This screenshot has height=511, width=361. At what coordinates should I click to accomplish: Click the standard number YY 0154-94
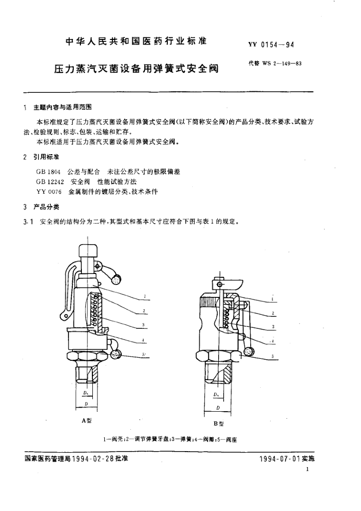click(271, 44)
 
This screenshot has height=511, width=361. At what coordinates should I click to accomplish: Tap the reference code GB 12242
click(50, 182)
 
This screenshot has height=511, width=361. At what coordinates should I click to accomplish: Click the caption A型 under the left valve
click(86, 420)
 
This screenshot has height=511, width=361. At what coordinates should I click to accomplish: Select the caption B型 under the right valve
click(219, 424)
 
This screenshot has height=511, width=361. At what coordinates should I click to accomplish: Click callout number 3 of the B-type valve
click(274, 326)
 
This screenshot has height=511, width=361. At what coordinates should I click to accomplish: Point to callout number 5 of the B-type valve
click(273, 356)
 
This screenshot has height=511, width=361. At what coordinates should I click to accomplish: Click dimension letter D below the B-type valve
click(218, 409)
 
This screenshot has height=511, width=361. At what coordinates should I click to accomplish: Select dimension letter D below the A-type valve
click(86, 404)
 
